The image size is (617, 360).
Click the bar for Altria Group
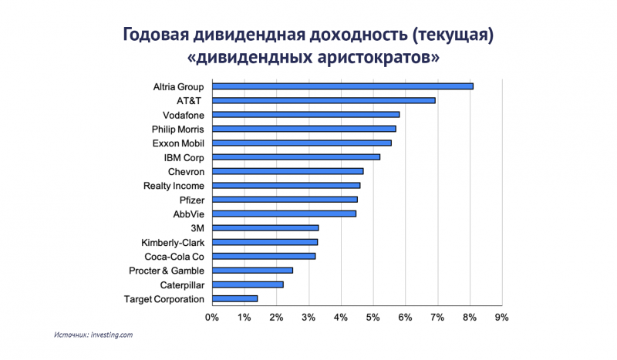click(x=342, y=86)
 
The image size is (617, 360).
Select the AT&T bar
click(x=323, y=100)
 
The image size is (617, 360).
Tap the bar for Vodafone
click(x=305, y=115)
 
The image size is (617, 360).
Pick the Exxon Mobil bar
click(x=302, y=143)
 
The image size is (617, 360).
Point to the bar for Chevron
click(x=287, y=171)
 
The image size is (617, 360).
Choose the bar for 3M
click(x=265, y=227)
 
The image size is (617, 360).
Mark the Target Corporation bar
click(x=234, y=298)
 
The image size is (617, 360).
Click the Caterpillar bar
click(x=248, y=284)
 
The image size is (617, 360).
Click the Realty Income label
click(x=174, y=186)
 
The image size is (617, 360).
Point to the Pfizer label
click(x=190, y=200)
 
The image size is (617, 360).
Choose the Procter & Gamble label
click(x=167, y=271)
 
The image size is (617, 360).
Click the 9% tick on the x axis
click(x=502, y=317)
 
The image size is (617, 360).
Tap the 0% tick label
click(x=211, y=317)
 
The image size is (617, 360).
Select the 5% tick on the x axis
click(x=373, y=317)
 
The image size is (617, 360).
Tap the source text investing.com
click(x=113, y=335)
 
